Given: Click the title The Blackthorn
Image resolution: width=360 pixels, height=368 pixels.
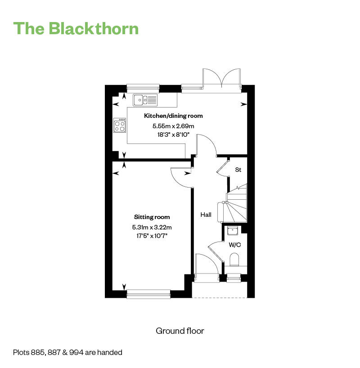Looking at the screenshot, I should pos(76,28).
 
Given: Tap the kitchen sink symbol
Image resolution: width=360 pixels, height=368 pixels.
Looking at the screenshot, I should pos(145,99).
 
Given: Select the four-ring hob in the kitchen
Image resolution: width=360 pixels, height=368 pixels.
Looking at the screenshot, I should pos(120,125).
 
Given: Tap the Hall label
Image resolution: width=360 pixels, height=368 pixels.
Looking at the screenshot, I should pos(206,215).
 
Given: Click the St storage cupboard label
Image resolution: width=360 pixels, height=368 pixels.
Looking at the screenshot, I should pos(238,170).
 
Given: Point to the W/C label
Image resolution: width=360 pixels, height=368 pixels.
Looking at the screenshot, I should pos(234,245).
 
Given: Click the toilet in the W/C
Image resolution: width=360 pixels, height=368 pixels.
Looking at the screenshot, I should pos(234,260).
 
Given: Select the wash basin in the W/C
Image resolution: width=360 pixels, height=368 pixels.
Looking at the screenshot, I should pos(233,231).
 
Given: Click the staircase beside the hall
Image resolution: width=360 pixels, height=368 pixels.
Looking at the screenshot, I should pos(236,205).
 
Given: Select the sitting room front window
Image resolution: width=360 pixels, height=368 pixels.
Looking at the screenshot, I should pos(148,294).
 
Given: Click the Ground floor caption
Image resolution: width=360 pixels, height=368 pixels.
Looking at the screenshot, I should pos(180,331).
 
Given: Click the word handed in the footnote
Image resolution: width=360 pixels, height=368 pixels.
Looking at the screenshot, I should pos(111,353).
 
